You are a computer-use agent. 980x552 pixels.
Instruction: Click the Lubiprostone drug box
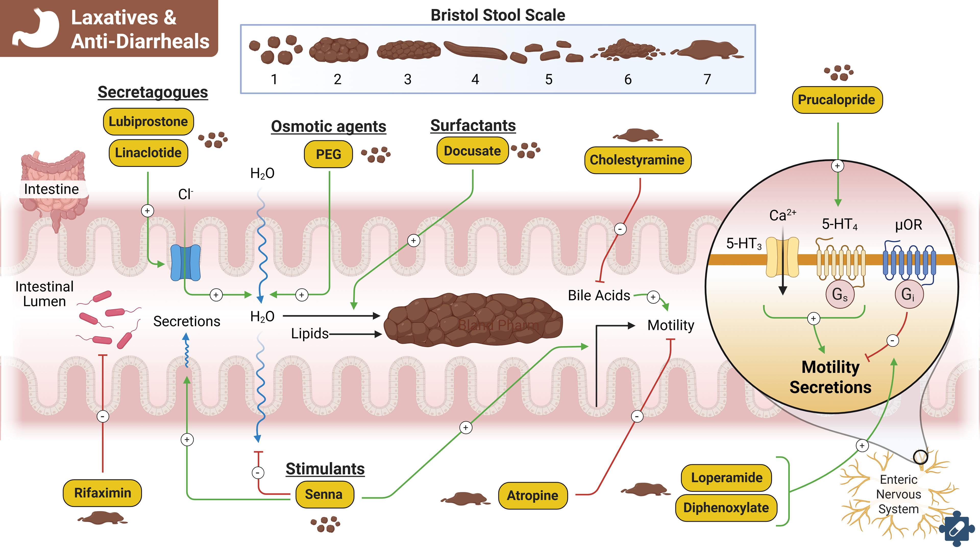coord(148,122)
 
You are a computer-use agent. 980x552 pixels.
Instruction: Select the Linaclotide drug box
coord(148,153)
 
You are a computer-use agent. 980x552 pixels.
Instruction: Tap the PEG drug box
coord(328,154)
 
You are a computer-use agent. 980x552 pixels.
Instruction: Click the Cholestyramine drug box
coord(637,160)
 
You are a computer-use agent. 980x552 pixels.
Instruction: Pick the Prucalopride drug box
coord(837,100)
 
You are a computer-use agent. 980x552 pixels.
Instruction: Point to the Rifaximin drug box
coord(102,493)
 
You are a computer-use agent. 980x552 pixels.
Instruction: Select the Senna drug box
coord(324,495)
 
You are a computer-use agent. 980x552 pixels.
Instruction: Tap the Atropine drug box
coord(533,496)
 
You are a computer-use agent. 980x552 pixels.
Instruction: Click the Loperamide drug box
coord(726,478)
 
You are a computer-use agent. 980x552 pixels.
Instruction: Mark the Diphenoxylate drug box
coord(726,508)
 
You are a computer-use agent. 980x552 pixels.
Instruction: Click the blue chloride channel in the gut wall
coord(185,263)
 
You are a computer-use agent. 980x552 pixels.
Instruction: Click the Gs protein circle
coord(840,294)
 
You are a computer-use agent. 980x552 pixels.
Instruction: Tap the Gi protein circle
coord(909,294)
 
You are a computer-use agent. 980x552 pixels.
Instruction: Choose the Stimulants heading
coord(325,469)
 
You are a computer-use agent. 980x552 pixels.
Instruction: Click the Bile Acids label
coord(599,295)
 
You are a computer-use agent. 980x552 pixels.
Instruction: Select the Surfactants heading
coord(473,126)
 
